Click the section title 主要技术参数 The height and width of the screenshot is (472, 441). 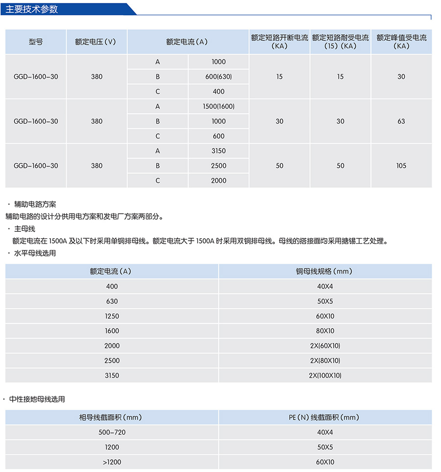click(32, 9)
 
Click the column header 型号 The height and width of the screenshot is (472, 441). click(36, 42)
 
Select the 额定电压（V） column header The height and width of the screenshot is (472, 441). click(97, 42)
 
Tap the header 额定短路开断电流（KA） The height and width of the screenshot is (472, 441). click(279, 42)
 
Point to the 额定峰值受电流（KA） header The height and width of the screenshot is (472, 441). click(401, 42)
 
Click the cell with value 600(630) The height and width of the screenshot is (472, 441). click(219, 77)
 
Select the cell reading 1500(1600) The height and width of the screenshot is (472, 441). click(219, 106)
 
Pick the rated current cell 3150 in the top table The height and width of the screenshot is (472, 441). click(219, 151)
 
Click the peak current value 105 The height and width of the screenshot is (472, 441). click(401, 166)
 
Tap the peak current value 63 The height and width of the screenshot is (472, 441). click(401, 121)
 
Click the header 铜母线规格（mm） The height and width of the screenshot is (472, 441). click(325, 271)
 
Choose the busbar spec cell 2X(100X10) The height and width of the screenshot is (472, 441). click(325, 375)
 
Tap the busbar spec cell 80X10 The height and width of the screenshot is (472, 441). click(325, 331)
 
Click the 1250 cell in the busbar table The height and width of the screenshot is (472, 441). click(112, 316)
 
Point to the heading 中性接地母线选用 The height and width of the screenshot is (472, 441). click(37, 399)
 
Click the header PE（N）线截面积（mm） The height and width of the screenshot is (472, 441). click(325, 418)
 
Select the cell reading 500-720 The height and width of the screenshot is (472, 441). click(112, 432)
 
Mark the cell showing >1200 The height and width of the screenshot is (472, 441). click(112, 462)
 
